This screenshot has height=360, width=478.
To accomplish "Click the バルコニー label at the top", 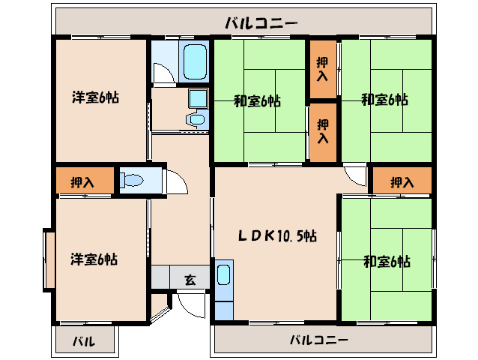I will click(x=261, y=23).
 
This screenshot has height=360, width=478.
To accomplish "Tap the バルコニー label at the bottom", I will click(x=319, y=340).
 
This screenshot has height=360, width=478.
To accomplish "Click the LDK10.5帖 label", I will click(x=277, y=235).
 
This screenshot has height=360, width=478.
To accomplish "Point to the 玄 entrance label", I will click(x=190, y=280).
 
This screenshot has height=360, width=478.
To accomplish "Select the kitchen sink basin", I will click(x=224, y=274).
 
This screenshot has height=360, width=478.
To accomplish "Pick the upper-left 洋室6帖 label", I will click(x=95, y=97).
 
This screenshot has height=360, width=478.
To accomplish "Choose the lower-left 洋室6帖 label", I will click(x=94, y=259).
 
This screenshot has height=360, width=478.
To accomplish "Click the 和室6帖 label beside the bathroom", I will click(x=257, y=100).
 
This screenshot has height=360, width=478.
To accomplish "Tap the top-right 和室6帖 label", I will click(x=385, y=98).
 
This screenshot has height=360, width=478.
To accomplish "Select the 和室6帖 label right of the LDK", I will click(x=387, y=261).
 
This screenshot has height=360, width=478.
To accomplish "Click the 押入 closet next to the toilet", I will click(x=82, y=181).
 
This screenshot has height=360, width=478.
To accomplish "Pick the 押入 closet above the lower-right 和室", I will click(x=402, y=181).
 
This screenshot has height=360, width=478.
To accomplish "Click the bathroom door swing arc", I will click(x=161, y=73).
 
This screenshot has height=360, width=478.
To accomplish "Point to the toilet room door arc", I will click(x=175, y=182).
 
